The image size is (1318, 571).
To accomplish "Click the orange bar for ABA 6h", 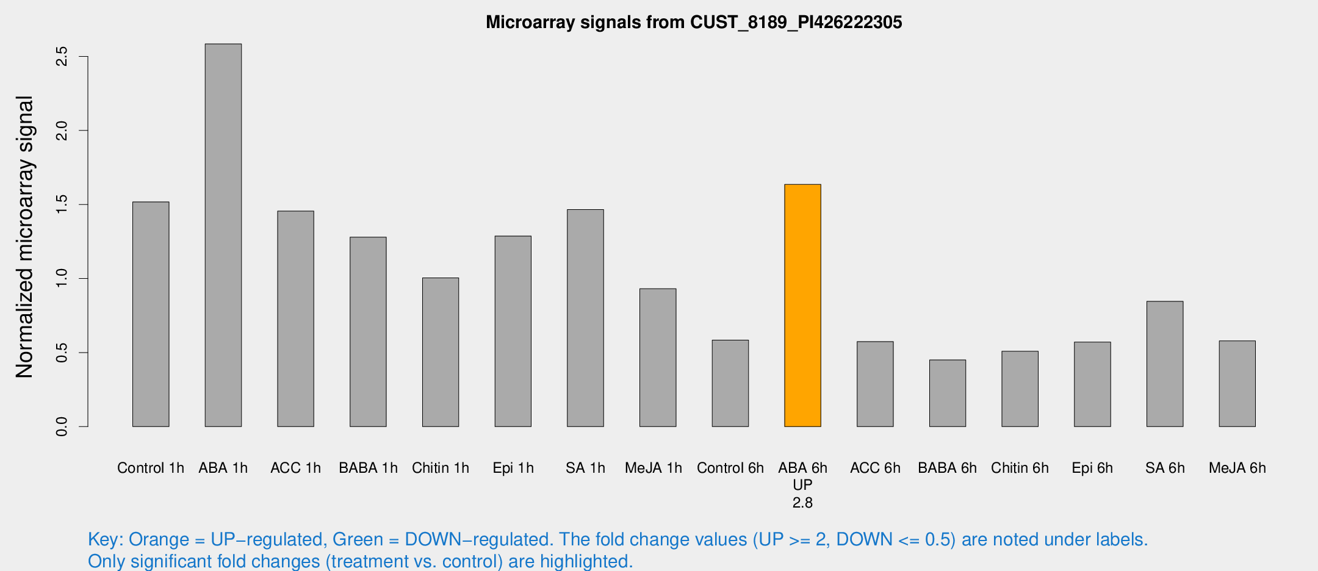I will [802, 305].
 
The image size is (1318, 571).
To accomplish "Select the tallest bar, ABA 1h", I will [223, 235].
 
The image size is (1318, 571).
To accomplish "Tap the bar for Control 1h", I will [151, 314].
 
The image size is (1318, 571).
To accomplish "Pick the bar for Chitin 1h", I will [441, 352].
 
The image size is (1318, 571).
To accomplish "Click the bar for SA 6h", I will [1165, 364].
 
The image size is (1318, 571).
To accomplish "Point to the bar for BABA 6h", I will [948, 393].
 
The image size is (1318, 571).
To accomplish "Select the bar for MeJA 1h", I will [658, 357].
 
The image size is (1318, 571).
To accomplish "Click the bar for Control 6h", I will [730, 383].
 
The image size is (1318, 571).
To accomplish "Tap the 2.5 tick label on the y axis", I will [62, 57].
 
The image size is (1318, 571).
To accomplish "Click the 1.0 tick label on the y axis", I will [62, 279].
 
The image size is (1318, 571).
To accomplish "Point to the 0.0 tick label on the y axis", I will [62, 426].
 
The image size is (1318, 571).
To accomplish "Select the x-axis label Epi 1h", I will [513, 468].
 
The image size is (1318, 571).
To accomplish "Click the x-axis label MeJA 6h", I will [1237, 468].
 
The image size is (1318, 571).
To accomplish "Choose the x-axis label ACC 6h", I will [875, 468].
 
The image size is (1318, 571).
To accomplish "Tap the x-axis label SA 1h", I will [585, 468].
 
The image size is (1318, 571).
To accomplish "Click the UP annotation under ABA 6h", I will [802, 485].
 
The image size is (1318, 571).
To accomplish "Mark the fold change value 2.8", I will [802, 503].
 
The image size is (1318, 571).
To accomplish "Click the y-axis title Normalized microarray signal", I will [24, 237].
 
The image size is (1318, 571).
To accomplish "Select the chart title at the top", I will [694, 23].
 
